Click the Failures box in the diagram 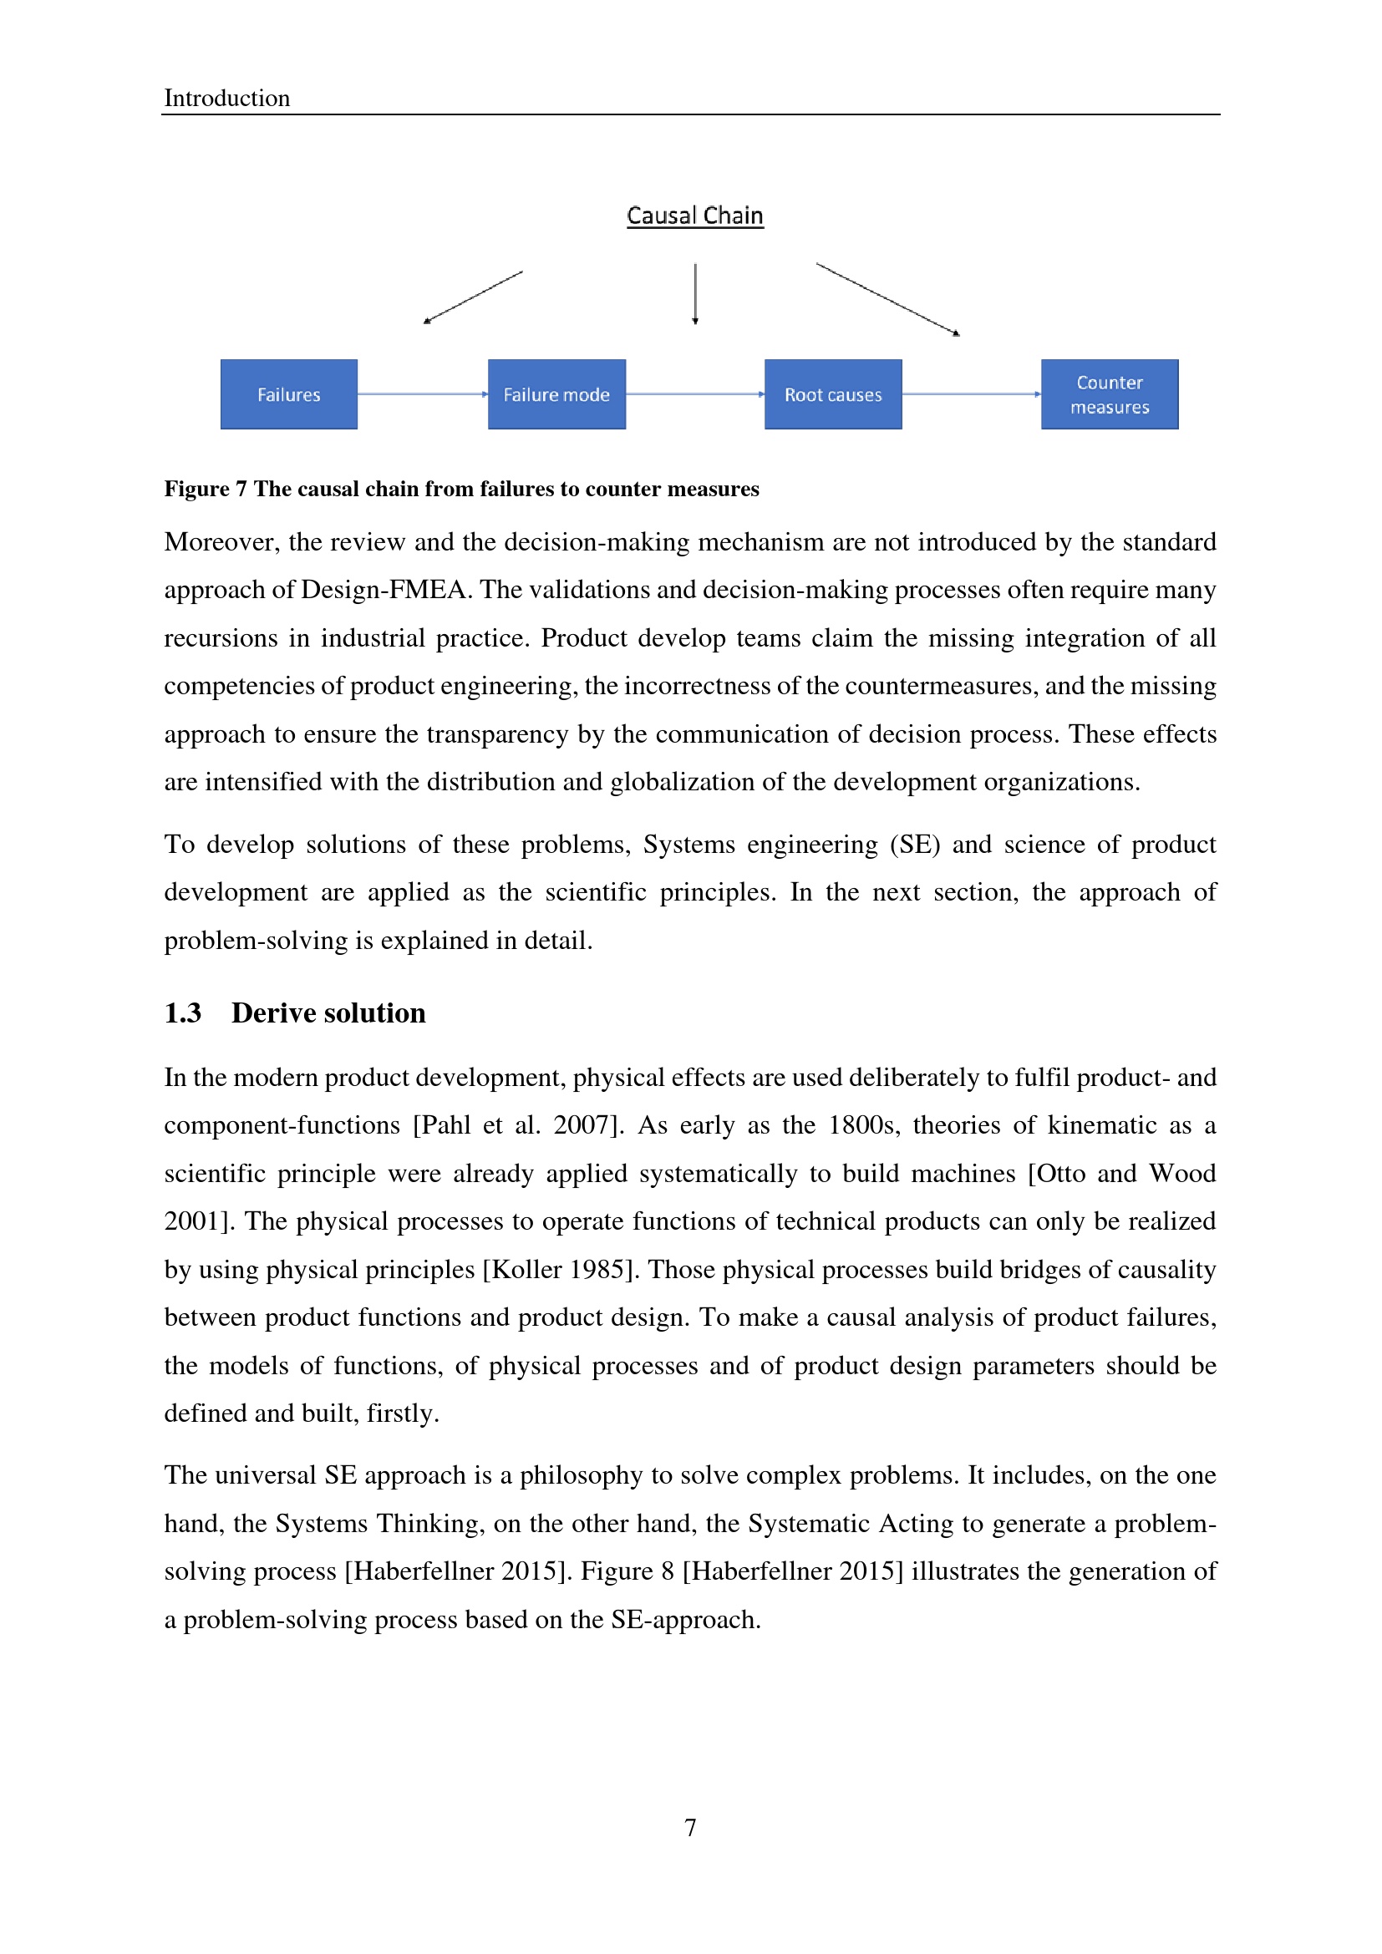click(288, 394)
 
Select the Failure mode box click(556, 394)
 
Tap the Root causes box click(833, 394)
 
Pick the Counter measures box click(1110, 394)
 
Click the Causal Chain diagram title click(694, 216)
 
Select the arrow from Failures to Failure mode click(422, 394)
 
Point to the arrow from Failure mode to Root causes click(694, 394)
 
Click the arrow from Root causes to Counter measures click(971, 394)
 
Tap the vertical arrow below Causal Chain click(695, 294)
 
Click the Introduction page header click(226, 98)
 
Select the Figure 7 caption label click(205, 489)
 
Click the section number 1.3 click(182, 1013)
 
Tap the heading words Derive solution click(328, 1013)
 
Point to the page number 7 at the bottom click(690, 1827)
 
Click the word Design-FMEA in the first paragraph click(384, 590)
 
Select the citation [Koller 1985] click(560, 1269)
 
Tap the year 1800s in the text click(862, 1125)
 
